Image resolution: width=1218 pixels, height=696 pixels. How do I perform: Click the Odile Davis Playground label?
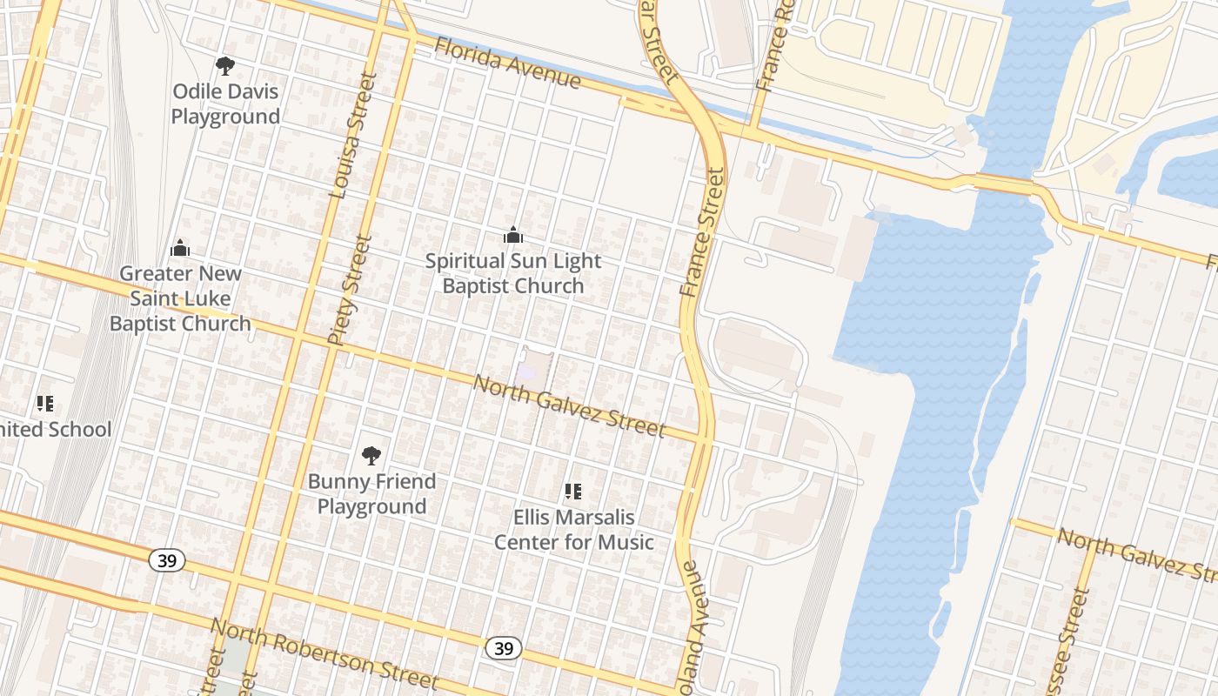[x=225, y=104]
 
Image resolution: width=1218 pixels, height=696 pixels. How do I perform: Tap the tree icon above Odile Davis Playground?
[x=225, y=65]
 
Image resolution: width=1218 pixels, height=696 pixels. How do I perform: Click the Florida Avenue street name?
[x=507, y=63]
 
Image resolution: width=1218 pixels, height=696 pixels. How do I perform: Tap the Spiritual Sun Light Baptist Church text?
[x=513, y=273]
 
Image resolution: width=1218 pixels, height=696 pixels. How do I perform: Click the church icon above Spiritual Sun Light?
[x=513, y=235]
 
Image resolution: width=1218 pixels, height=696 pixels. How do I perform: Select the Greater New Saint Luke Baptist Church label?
[x=180, y=298]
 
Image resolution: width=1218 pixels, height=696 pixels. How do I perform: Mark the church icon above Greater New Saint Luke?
[x=180, y=248]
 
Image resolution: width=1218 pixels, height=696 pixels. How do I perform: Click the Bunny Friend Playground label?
[x=371, y=493]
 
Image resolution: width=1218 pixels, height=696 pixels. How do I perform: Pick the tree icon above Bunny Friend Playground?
[x=371, y=455]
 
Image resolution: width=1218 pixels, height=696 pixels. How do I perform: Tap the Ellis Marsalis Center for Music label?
[x=573, y=530]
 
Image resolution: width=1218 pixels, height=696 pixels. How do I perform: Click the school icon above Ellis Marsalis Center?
[x=573, y=492]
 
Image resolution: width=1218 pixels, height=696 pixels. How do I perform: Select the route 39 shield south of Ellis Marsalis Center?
[x=503, y=647]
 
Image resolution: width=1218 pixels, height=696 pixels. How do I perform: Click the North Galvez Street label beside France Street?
[x=569, y=406]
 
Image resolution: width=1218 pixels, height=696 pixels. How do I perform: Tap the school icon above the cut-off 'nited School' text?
[x=45, y=404]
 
